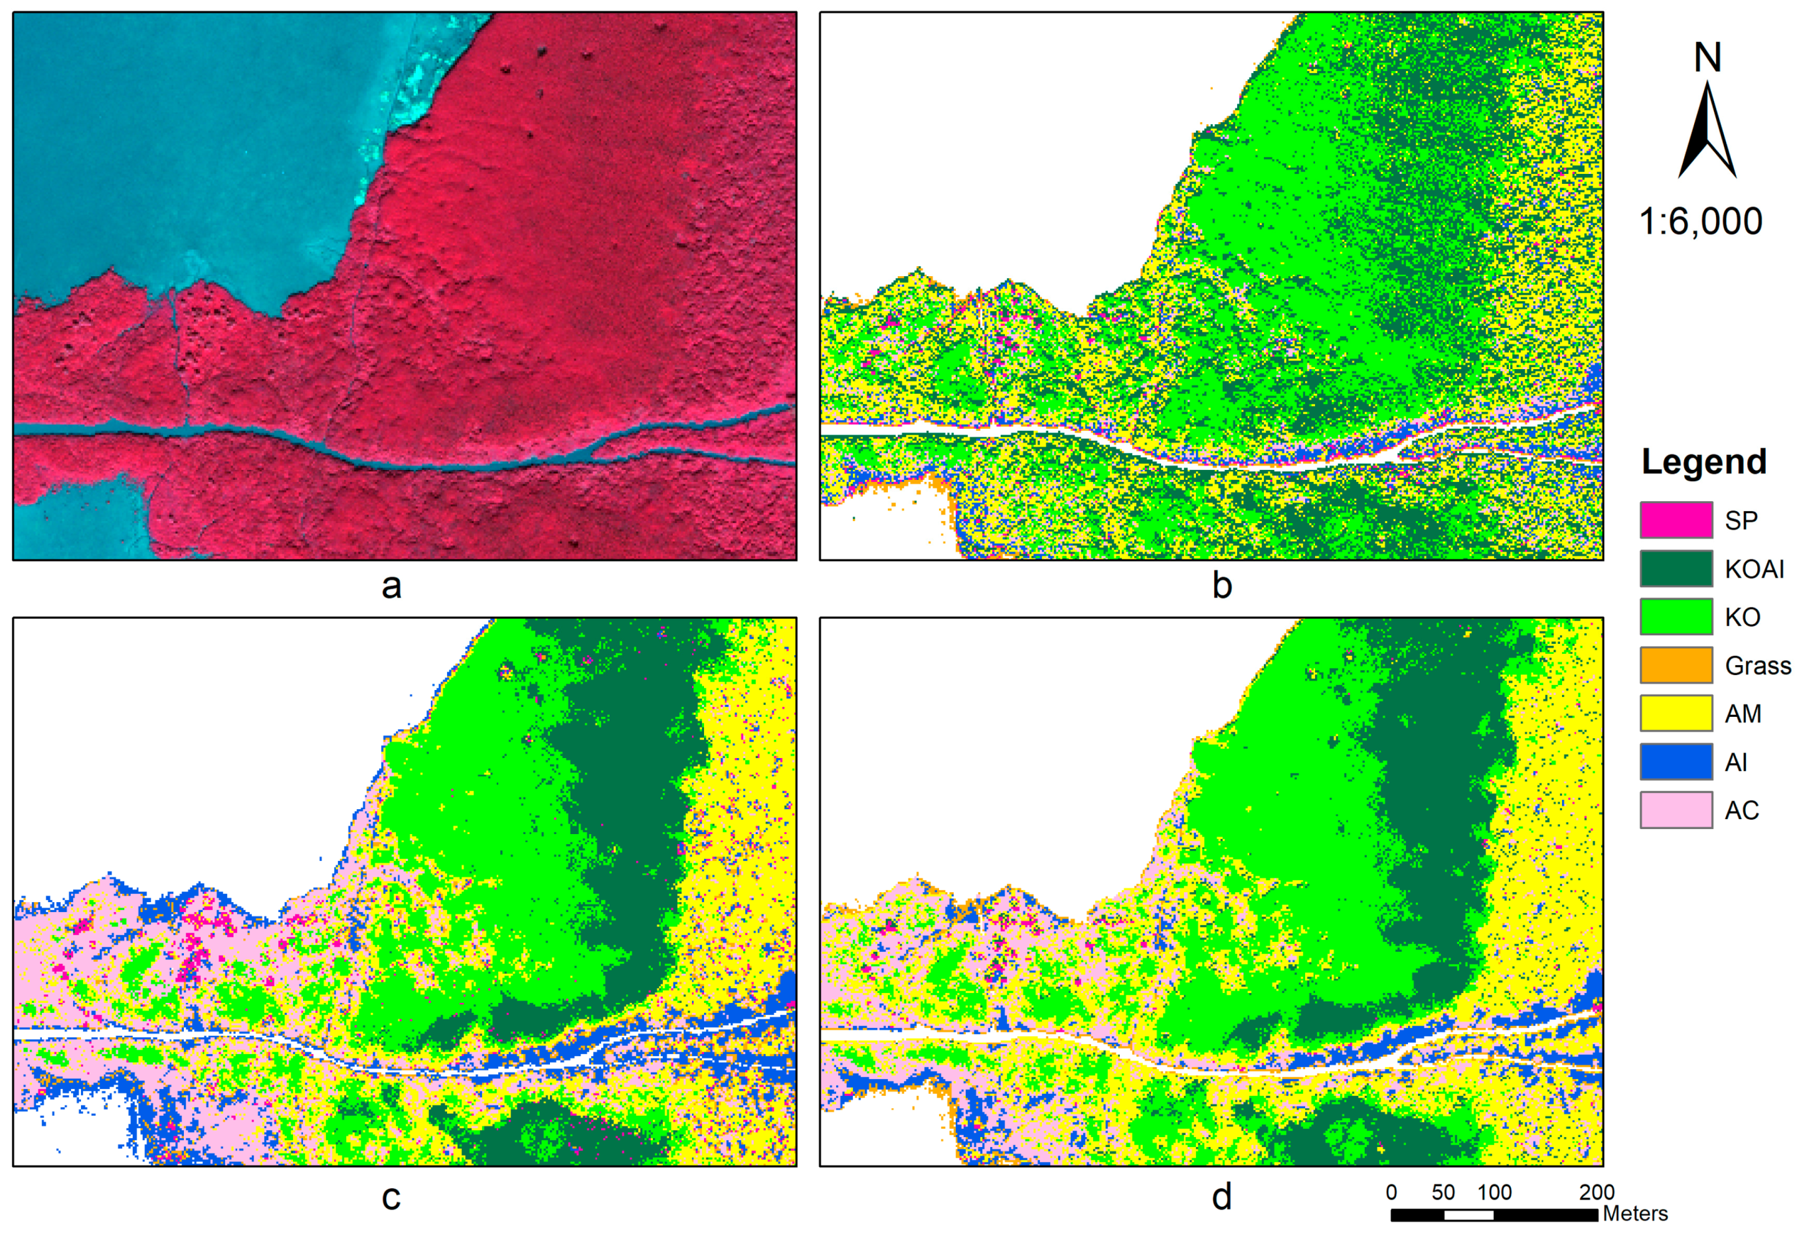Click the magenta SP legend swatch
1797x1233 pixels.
(1676, 520)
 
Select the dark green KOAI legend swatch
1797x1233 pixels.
(1676, 569)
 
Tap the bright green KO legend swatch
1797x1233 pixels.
(1676, 616)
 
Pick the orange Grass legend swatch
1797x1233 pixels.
(1676, 665)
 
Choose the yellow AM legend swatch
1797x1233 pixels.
(1676, 713)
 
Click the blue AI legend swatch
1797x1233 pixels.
(1676, 762)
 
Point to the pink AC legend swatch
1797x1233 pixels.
(1676, 810)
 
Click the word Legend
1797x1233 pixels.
(1704, 462)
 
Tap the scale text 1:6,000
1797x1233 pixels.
(1700, 222)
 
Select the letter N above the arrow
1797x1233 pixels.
(1708, 58)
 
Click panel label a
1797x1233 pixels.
(391, 586)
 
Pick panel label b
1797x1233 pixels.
(1221, 586)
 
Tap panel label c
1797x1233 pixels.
(391, 1198)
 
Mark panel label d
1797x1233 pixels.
(1221, 1198)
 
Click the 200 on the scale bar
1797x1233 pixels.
(1597, 1192)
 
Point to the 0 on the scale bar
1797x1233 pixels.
(1391, 1192)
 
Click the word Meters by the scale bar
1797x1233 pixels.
(1634, 1214)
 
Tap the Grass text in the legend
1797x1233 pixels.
(1757, 666)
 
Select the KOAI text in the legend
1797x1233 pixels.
(1754, 569)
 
